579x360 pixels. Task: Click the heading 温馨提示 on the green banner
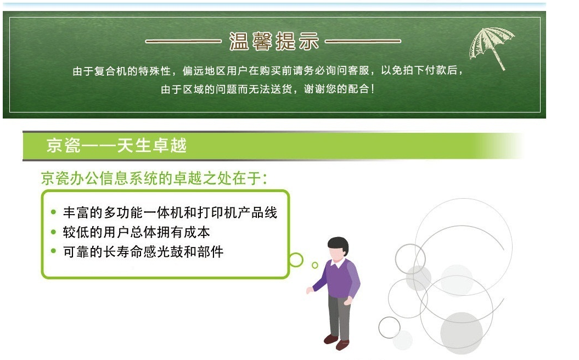click(x=274, y=41)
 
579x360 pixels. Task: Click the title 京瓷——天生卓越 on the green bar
click(x=116, y=145)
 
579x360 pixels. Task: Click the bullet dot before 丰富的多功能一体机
click(x=54, y=212)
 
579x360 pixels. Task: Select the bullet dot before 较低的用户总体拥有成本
click(x=54, y=232)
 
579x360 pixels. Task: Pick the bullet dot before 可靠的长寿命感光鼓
click(x=54, y=251)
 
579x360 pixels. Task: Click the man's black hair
click(x=339, y=243)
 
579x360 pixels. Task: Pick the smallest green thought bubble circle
click(x=315, y=265)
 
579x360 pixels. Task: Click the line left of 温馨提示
click(x=183, y=41)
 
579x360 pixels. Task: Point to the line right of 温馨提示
click(x=363, y=41)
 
